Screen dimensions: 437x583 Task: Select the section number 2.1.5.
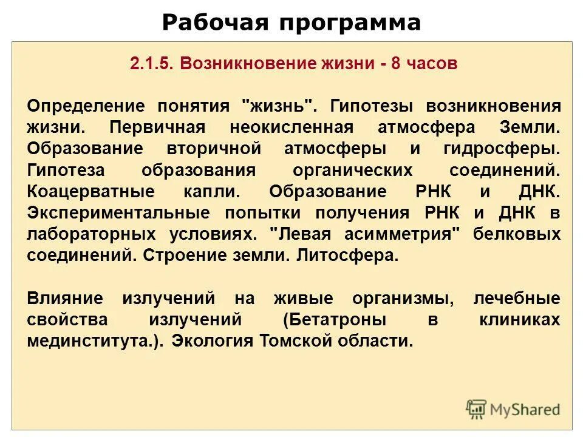click(x=151, y=64)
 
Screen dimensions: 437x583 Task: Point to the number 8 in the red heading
click(x=395, y=64)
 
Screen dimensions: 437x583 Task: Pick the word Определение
click(x=86, y=106)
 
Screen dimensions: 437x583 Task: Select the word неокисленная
click(x=291, y=127)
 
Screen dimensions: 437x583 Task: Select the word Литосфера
click(x=347, y=255)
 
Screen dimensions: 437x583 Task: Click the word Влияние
click(x=64, y=298)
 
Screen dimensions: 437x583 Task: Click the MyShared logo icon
click(x=476, y=408)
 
